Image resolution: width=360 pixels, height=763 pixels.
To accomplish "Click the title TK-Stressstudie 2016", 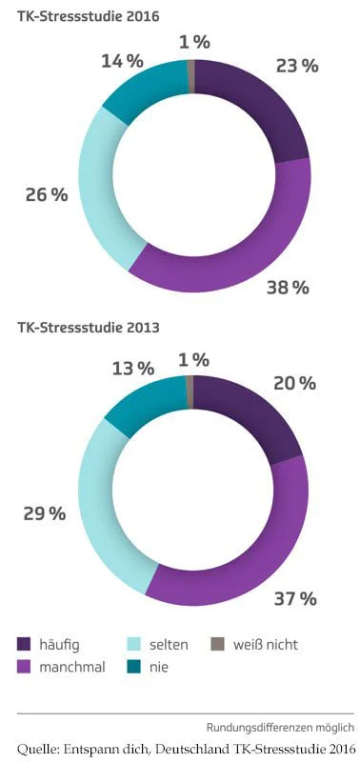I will coord(88,17).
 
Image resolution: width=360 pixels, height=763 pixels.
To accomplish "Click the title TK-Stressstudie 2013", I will coord(88,328).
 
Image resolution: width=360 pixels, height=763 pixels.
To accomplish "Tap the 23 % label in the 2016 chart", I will coord(296,66).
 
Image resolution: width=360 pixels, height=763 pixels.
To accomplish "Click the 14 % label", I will coord(122,61).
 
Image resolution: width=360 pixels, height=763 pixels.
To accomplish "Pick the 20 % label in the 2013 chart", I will coord(293,383).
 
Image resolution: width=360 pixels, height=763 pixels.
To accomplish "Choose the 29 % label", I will coord(44,513).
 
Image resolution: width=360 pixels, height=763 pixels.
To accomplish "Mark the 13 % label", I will coord(132,368).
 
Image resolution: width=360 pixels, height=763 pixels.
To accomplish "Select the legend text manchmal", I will coord(72,667).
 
